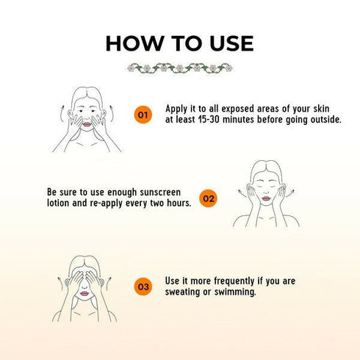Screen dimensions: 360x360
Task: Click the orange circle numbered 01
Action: [x=143, y=115]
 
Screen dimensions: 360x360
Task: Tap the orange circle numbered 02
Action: [x=209, y=198]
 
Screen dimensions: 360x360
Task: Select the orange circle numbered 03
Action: [x=143, y=287]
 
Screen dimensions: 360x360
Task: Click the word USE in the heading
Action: [x=231, y=43]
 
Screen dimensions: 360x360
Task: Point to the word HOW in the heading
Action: [x=135, y=43]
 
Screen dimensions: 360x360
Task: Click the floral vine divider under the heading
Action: [x=180, y=68]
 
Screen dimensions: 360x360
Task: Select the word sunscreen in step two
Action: [x=160, y=192]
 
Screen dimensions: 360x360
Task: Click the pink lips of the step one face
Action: [x=87, y=124]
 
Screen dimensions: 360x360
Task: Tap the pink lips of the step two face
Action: [x=266, y=198]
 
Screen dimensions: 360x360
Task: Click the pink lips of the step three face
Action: [x=84, y=293]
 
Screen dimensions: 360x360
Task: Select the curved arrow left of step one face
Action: [x=61, y=113]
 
